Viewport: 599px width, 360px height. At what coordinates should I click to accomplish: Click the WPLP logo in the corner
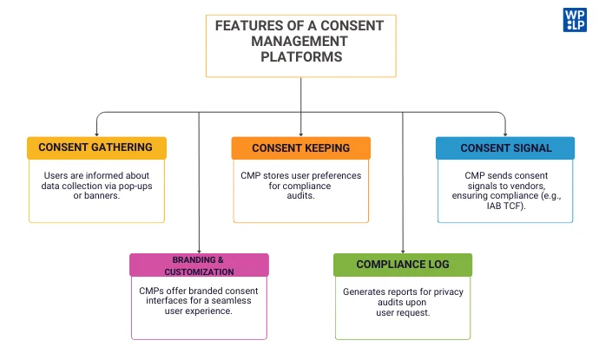pyautogui.click(x=575, y=19)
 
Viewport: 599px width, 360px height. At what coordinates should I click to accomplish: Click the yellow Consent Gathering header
pyautogui.click(x=95, y=147)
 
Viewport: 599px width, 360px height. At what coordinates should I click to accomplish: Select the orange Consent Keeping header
pyautogui.click(x=300, y=147)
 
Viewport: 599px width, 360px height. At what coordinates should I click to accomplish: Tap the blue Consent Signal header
pyautogui.click(x=505, y=147)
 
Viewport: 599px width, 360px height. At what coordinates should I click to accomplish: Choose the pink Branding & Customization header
pyautogui.click(x=199, y=265)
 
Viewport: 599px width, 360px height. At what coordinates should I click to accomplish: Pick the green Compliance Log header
pyautogui.click(x=403, y=265)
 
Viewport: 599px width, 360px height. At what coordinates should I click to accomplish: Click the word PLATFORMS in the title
pyautogui.click(x=300, y=57)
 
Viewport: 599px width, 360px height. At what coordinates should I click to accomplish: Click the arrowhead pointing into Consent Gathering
pyautogui.click(x=96, y=134)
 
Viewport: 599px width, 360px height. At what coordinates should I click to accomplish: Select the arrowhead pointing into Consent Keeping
pyautogui.click(x=300, y=134)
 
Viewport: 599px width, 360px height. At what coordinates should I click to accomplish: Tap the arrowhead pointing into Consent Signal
pyautogui.click(x=505, y=134)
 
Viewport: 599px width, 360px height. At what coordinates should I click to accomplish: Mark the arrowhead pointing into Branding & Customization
pyautogui.click(x=199, y=251)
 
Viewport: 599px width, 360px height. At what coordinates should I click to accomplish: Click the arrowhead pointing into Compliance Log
pyautogui.click(x=403, y=251)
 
